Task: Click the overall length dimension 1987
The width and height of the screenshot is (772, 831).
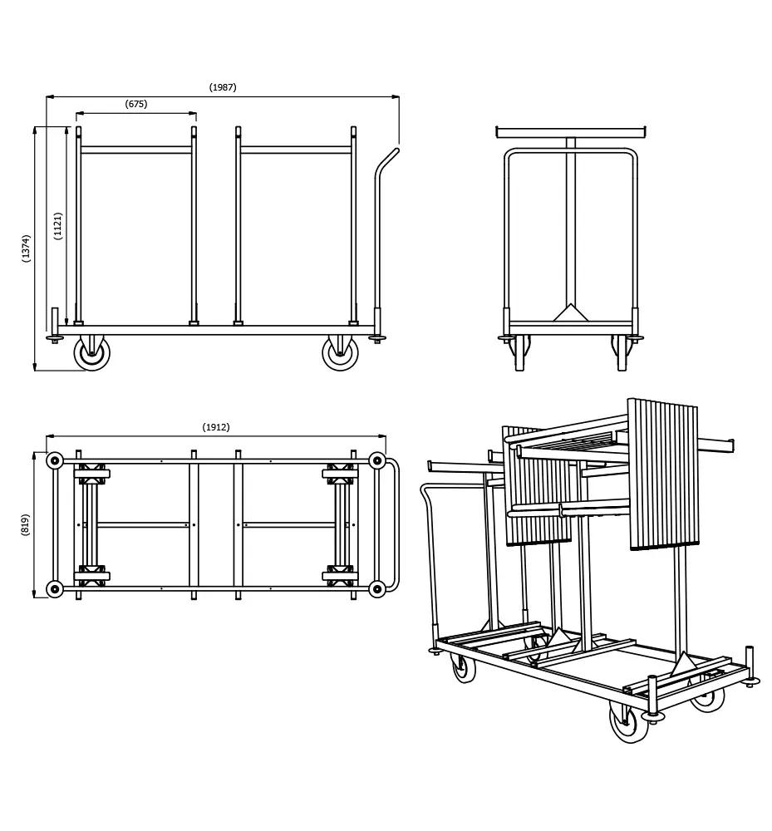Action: [x=223, y=87]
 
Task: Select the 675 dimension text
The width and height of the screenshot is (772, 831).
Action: [x=136, y=104]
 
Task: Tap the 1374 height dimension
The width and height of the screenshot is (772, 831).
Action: [x=27, y=248]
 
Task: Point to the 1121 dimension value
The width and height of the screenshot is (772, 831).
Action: [x=58, y=226]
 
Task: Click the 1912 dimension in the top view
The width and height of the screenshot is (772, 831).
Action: [x=216, y=427]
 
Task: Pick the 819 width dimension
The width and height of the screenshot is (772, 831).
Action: [x=25, y=524]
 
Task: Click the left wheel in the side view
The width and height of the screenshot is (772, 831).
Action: [x=91, y=353]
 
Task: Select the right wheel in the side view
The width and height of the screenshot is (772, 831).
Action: [x=340, y=353]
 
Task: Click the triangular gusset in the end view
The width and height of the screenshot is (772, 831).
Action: [x=570, y=313]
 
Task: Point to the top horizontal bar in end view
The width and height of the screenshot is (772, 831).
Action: [x=570, y=132]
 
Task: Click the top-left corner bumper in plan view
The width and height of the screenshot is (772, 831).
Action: [x=55, y=460]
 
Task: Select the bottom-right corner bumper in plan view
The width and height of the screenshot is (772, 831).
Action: [x=376, y=589]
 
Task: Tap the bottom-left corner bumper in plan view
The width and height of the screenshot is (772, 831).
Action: [x=55, y=589]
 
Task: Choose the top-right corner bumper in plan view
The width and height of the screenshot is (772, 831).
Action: [x=376, y=460]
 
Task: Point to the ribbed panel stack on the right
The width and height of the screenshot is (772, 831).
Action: [x=663, y=474]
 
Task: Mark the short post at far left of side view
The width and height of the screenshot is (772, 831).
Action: [x=55, y=320]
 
